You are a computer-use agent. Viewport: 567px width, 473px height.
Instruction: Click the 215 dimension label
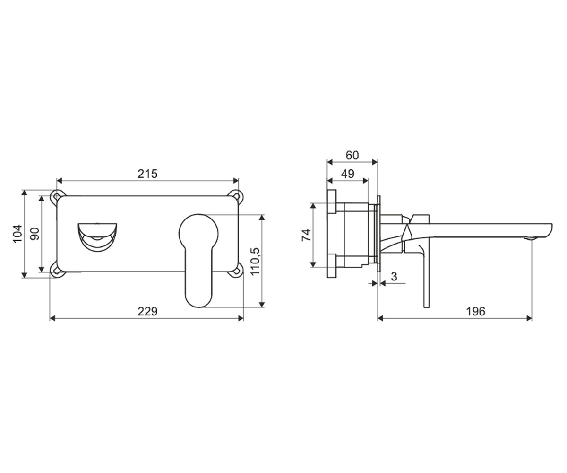coord(147,174)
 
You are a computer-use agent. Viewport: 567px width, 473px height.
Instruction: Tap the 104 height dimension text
coord(17,234)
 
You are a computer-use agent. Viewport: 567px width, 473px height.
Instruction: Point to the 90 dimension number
coord(35,234)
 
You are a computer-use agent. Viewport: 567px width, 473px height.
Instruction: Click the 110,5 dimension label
coord(255,261)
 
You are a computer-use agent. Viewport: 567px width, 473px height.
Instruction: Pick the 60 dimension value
coord(352,155)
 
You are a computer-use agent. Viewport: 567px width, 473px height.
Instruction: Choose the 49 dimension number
coord(348,174)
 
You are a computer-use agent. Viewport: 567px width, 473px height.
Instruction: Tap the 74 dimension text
coord(306,235)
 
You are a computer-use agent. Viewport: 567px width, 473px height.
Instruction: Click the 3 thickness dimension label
coord(394,277)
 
